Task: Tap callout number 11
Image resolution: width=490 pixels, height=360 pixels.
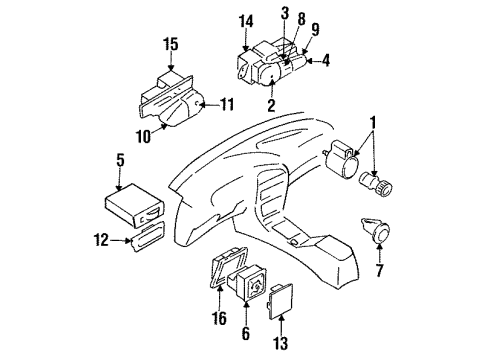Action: tap(228, 102)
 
